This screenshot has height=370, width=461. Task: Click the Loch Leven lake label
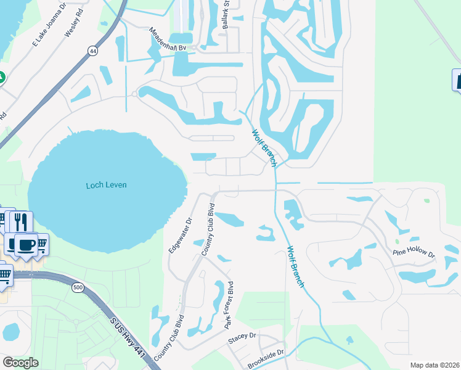[106, 184]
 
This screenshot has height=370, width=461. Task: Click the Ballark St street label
[226, 18]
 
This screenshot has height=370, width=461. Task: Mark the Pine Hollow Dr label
[414, 253]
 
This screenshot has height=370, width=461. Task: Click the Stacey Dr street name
[242, 337]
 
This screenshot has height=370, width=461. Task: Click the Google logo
[20, 363]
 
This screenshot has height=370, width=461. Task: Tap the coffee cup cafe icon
[25, 244]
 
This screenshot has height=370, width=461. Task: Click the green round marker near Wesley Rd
[1, 78]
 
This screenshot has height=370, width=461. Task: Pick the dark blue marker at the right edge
[457, 80]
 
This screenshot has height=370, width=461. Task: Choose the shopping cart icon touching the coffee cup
[42, 245]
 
